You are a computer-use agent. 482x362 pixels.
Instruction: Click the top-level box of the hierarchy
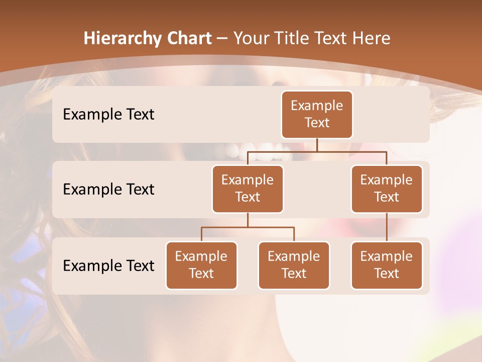[x=317, y=114]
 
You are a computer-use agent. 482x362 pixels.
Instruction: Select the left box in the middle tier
[x=248, y=189]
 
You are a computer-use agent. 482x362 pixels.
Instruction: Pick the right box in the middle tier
[x=387, y=189]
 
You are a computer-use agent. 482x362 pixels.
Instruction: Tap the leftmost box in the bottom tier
[x=201, y=265]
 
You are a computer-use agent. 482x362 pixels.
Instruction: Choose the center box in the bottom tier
[x=294, y=265]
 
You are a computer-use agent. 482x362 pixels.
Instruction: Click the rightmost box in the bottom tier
[x=387, y=265]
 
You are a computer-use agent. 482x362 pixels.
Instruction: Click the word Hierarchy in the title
[x=123, y=39]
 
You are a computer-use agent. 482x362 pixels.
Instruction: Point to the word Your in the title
[x=250, y=39]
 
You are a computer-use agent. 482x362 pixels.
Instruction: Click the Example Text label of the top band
[x=108, y=115]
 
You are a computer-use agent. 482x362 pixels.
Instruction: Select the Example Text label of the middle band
[x=108, y=189]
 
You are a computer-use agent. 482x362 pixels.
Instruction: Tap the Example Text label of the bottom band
[x=108, y=265]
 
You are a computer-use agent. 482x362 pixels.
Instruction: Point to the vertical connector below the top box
[x=317, y=145]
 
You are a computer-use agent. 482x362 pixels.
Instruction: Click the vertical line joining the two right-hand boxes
[x=387, y=227]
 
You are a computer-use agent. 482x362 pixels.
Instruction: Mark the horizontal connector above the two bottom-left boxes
[x=248, y=227]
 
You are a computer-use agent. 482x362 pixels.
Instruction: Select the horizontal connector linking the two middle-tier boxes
[x=317, y=151]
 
